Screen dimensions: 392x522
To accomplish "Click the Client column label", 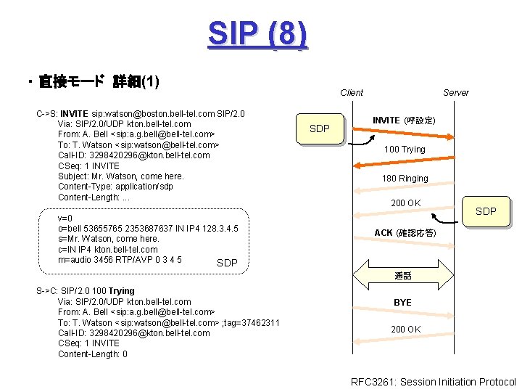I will click(x=352, y=92).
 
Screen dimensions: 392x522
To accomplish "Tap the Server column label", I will click(x=455, y=92).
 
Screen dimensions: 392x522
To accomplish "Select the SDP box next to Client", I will click(x=319, y=128).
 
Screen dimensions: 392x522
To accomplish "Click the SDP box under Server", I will click(x=485, y=211).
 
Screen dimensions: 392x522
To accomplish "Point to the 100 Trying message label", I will click(x=405, y=150).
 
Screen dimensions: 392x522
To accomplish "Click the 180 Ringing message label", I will click(x=405, y=179).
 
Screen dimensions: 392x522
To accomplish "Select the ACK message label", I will click(x=404, y=233).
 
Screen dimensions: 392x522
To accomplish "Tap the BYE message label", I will click(x=402, y=302).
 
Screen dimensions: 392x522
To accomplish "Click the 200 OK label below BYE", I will click(x=405, y=330).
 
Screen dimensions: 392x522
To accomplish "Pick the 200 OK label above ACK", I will click(x=405, y=203).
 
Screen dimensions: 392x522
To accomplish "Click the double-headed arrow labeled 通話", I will click(x=403, y=276).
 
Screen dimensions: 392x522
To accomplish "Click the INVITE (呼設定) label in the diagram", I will click(x=403, y=120).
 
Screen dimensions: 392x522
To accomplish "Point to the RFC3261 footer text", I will click(x=433, y=382).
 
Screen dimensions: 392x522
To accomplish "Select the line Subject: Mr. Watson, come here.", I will click(x=120, y=176).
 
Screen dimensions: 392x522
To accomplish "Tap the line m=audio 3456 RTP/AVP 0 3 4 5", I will click(x=120, y=259).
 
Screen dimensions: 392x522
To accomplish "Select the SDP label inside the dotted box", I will click(x=227, y=263).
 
